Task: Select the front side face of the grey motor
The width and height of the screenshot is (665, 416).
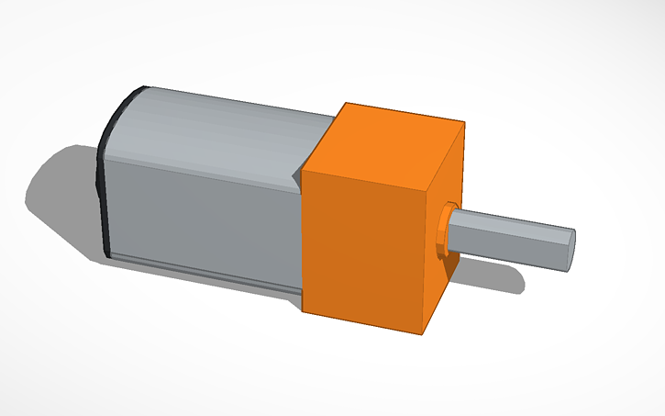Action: coord(202,216)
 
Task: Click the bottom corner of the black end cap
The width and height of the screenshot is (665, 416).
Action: coord(111,254)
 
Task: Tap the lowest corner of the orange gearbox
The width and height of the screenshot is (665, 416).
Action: coord(425,331)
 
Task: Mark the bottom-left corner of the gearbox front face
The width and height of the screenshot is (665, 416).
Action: coord(303,309)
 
